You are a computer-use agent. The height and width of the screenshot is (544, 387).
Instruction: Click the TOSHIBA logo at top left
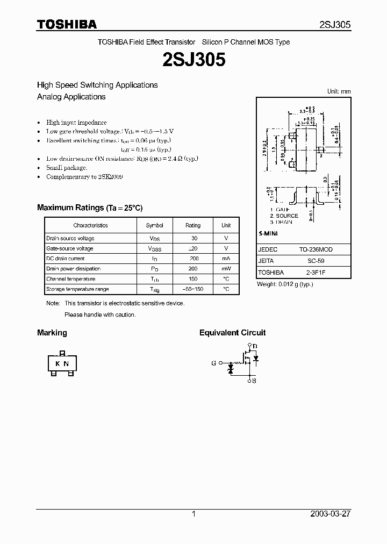pyautogui.click(x=67, y=24)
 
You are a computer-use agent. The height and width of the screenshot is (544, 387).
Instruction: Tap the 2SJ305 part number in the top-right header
pyautogui.click(x=335, y=25)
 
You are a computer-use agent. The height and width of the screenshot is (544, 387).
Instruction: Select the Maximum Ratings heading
pyautogui.click(x=90, y=207)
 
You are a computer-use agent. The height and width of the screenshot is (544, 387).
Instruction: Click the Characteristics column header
pyautogui.click(x=90, y=225)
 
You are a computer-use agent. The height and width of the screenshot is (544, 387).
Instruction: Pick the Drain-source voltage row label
pyautogui.click(x=70, y=238)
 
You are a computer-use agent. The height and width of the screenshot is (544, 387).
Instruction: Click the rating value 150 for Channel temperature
pyautogui.click(x=193, y=279)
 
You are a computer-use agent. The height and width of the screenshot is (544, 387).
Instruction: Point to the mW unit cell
pyautogui.click(x=226, y=269)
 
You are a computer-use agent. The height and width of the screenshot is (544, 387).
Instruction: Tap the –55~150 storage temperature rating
pyautogui.click(x=193, y=289)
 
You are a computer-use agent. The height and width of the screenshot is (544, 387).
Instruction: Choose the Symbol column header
pyautogui.click(x=154, y=225)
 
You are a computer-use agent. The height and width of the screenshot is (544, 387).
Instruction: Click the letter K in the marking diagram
pyautogui.click(x=58, y=364)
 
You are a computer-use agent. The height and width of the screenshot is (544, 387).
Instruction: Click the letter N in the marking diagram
pyautogui.click(x=66, y=364)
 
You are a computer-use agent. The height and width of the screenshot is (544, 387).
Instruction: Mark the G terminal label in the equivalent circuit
pyautogui.click(x=213, y=363)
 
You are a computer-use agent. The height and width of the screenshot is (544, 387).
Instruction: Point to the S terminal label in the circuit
pyautogui.click(x=254, y=381)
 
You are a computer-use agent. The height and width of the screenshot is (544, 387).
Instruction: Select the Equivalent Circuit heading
pyautogui.click(x=232, y=333)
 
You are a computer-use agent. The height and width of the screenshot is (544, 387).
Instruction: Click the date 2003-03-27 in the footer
pyautogui.click(x=331, y=514)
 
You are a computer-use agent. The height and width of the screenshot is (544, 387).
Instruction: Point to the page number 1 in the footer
pyautogui.click(x=193, y=514)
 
